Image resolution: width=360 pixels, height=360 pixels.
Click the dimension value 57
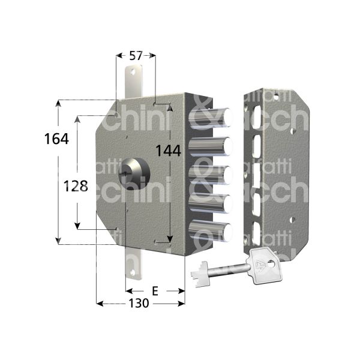tap(136, 56)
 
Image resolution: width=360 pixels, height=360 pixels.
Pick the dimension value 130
tap(139, 304)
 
